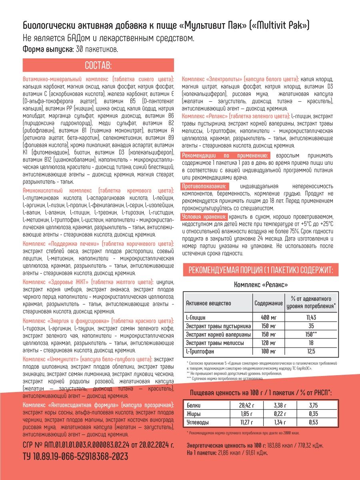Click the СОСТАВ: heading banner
click(98, 65)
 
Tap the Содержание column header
click(268, 303)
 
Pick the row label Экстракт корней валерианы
click(218, 334)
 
